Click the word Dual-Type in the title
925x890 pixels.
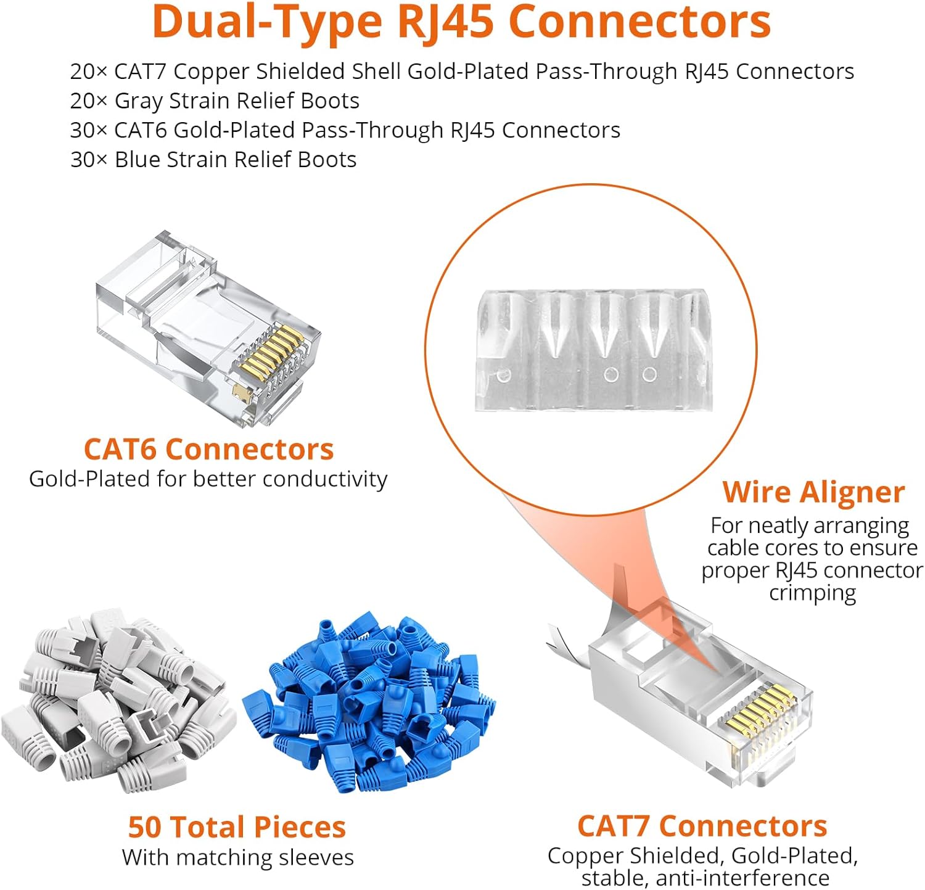(266, 22)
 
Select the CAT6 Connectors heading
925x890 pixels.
(208, 449)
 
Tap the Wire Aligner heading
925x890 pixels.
(813, 492)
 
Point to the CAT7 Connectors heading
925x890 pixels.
(702, 826)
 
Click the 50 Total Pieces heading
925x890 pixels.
(237, 827)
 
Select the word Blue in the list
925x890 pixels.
(137, 160)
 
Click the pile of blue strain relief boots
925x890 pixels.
(370, 703)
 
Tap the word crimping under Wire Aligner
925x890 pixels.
(812, 593)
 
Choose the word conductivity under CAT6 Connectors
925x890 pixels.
(326, 479)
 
